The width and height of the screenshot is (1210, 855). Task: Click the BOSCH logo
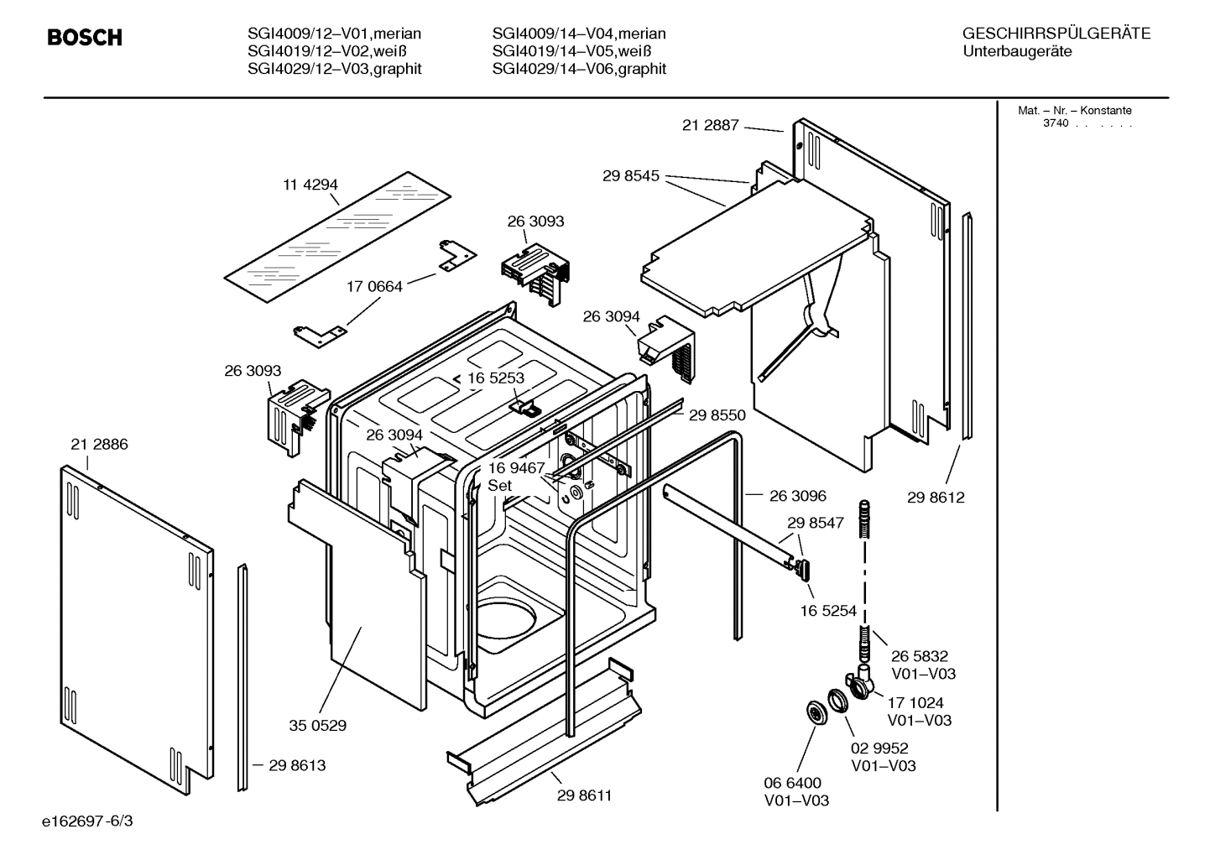coord(85,38)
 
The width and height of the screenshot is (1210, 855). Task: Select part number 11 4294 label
coord(310,185)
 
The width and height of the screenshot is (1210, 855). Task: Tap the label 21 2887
coord(710,125)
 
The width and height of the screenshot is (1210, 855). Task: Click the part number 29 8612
coord(936,498)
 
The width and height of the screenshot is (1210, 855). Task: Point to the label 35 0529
coord(317,725)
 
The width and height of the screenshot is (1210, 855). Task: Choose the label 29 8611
coord(584,795)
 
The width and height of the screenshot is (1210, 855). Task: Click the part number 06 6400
coord(792,783)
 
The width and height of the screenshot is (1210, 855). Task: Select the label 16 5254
coord(828,611)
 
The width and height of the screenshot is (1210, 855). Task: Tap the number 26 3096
coord(797,496)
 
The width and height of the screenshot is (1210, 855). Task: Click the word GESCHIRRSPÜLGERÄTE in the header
coord(1056,34)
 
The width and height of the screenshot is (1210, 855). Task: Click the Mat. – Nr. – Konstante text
coord(1074,111)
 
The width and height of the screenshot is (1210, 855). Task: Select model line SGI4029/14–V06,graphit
coord(579,69)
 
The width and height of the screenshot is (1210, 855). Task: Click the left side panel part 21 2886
coord(134,621)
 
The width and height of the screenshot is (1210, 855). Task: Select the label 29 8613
coord(297,765)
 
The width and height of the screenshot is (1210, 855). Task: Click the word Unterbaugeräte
coord(1017,51)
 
